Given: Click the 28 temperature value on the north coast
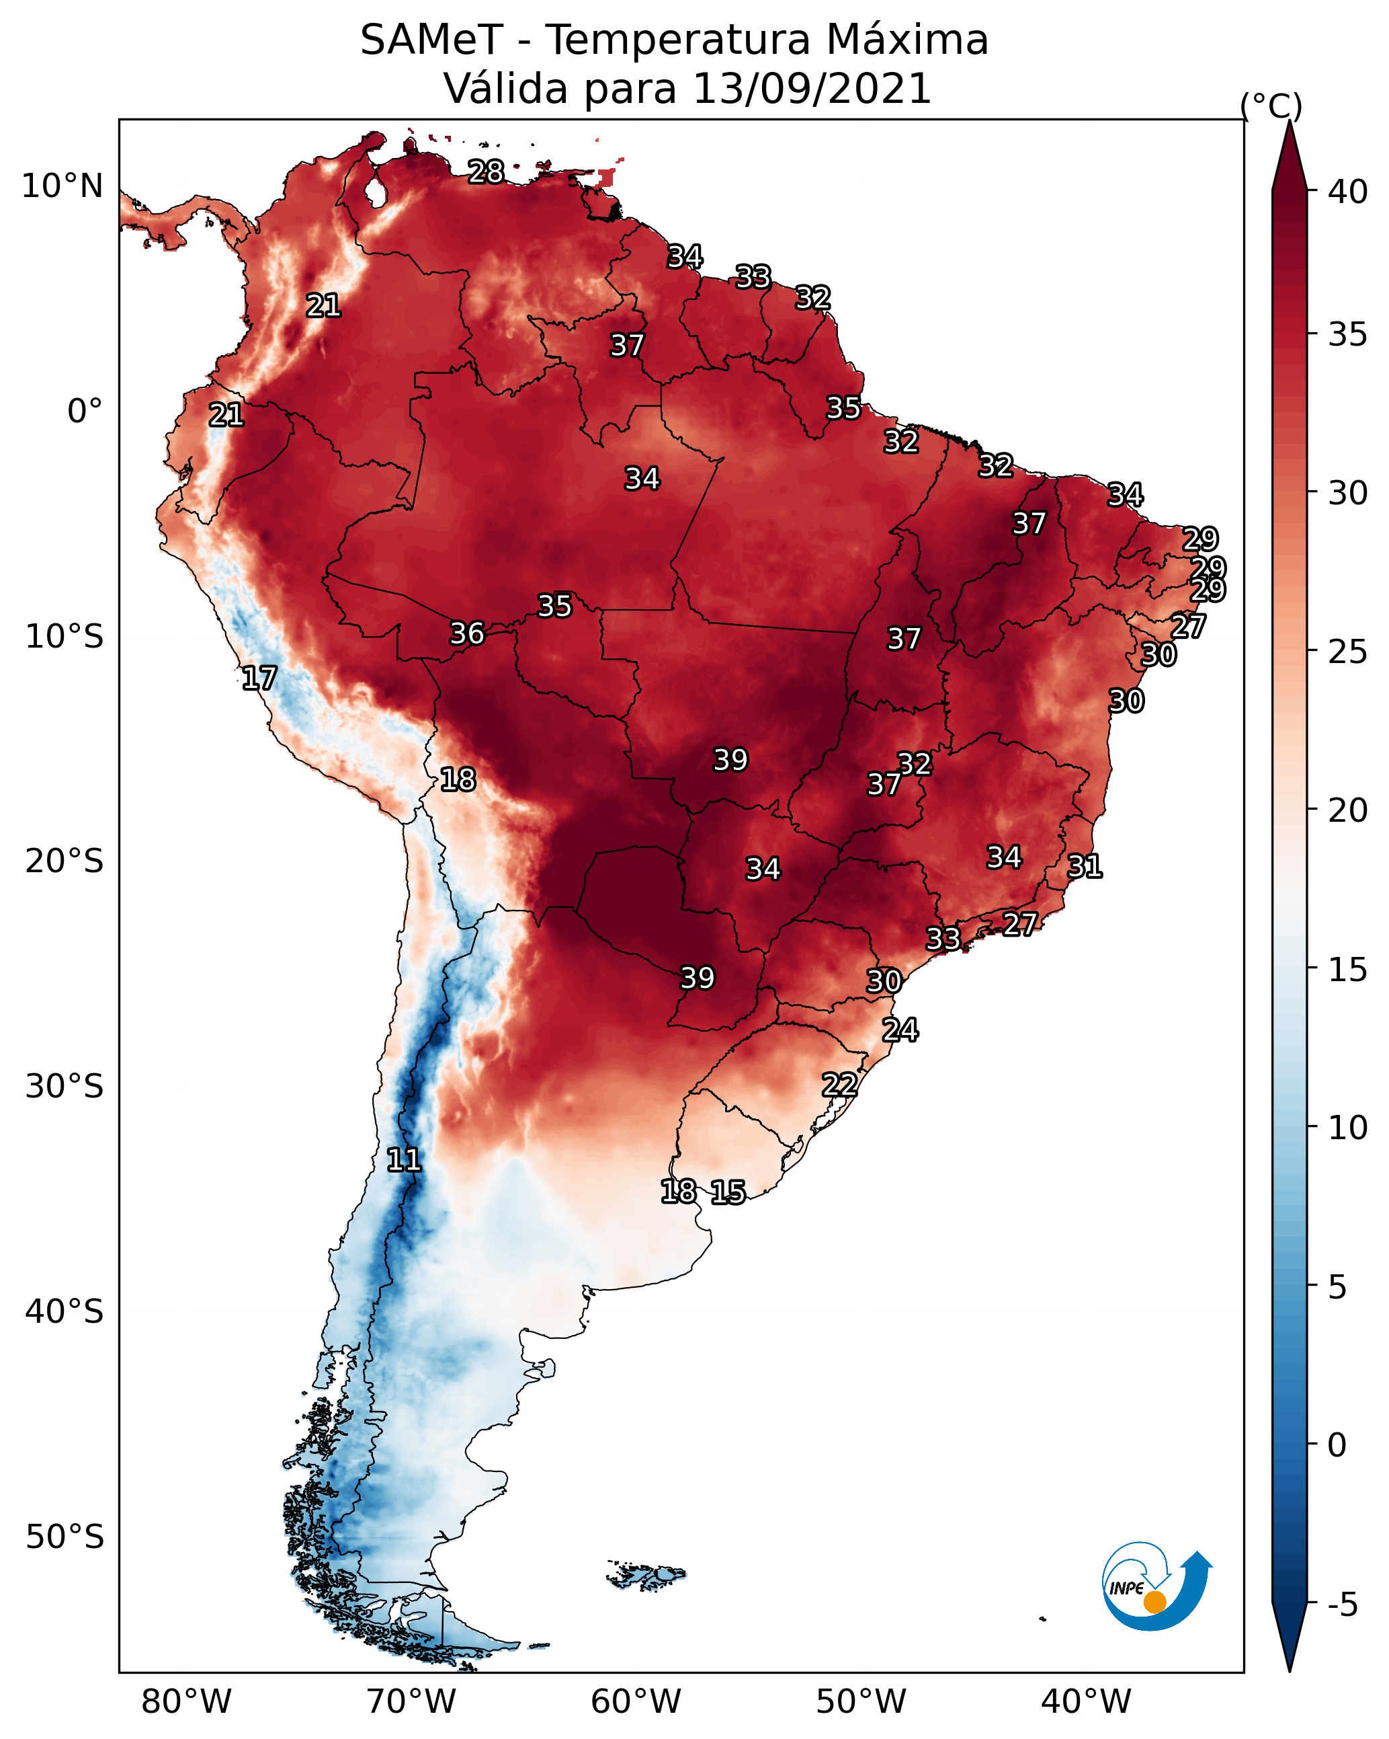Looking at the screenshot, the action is pyautogui.click(x=486, y=171).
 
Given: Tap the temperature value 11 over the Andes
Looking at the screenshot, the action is pyautogui.click(x=404, y=1160).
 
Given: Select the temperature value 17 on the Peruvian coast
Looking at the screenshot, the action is pyautogui.click(x=259, y=679).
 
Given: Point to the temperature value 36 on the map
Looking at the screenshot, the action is pyautogui.click(x=467, y=633).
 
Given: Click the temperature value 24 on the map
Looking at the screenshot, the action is pyautogui.click(x=900, y=1030).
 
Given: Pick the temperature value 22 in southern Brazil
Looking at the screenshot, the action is pyautogui.click(x=839, y=1085).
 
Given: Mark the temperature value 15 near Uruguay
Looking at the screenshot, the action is pyautogui.click(x=728, y=1192).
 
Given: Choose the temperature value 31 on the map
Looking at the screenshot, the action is pyautogui.click(x=1085, y=866).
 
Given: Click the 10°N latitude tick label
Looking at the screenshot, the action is pyautogui.click(x=62, y=186).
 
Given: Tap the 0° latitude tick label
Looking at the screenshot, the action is pyautogui.click(x=85, y=412).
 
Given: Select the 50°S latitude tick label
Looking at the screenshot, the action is pyautogui.click(x=65, y=1537).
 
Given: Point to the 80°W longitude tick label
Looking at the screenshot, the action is pyautogui.click(x=186, y=1701).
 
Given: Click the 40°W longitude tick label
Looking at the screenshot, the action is pyautogui.click(x=1086, y=1701).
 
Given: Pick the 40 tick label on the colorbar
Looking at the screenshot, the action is pyautogui.click(x=1348, y=192).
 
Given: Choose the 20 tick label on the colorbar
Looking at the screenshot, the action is pyautogui.click(x=1348, y=810).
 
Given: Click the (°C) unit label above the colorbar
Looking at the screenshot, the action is pyautogui.click(x=1271, y=106).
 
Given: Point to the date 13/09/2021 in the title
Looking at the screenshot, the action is pyautogui.click(x=812, y=88).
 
